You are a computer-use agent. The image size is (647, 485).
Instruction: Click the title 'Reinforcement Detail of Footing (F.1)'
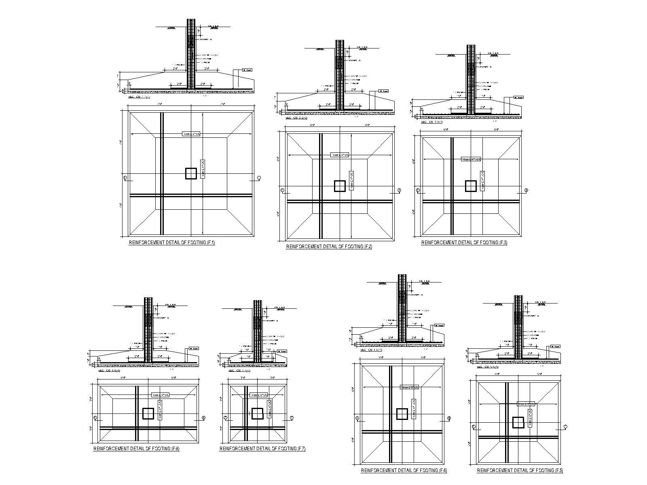pyautogui.click(x=172, y=242)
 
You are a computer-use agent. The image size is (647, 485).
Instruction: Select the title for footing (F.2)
pyautogui.click(x=329, y=247)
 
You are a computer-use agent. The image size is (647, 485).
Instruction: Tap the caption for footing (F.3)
pyautogui.click(x=464, y=242)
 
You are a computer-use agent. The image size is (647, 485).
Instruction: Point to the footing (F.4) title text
pyautogui.click(x=404, y=470)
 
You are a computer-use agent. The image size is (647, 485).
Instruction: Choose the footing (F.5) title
pyautogui.click(x=520, y=470)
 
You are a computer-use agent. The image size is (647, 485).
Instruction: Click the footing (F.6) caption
pyautogui.click(x=136, y=449)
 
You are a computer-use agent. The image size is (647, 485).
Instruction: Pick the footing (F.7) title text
pyautogui.click(x=262, y=449)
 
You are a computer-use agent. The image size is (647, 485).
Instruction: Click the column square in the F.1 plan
pyautogui.click(x=191, y=173)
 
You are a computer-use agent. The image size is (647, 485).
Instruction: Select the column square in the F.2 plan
pyautogui.click(x=340, y=186)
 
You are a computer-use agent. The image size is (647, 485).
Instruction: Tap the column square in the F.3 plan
pyautogui.click(x=471, y=186)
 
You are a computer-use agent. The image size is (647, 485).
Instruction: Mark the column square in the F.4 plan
pyautogui.click(x=402, y=414)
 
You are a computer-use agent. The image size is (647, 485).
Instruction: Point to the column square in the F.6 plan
pyautogui.click(x=148, y=413)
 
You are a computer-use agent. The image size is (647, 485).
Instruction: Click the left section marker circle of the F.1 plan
pyautogui.click(x=125, y=177)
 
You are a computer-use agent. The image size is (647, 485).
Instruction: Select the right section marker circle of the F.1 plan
pyautogui.click(x=259, y=177)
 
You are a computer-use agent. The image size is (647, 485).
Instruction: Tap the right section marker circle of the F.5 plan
pyautogui.click(x=565, y=426)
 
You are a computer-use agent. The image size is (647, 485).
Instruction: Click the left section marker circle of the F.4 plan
pyautogui.click(x=357, y=418)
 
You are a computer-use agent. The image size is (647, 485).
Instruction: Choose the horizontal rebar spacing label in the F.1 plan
pyautogui.click(x=191, y=134)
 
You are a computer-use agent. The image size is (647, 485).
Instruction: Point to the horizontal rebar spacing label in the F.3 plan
pyautogui.click(x=471, y=159)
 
